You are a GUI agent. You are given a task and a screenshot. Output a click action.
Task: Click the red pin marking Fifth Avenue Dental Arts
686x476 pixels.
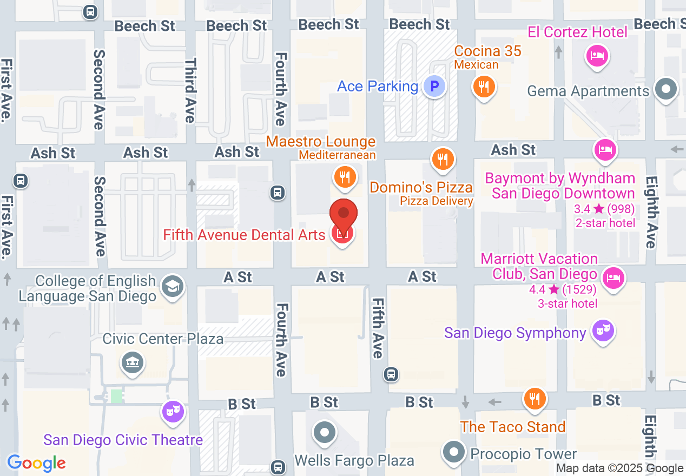(x=344, y=216)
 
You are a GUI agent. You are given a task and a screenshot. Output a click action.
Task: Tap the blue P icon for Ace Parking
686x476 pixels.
(x=434, y=86)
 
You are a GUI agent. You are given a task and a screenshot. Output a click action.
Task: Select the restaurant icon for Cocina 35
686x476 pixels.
(x=484, y=86)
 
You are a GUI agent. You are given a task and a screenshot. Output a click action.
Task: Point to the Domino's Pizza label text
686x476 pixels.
(x=421, y=188)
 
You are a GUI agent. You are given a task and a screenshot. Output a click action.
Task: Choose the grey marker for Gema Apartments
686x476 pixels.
(x=666, y=88)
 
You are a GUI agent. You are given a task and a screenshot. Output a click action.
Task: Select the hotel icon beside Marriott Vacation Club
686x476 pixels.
(x=613, y=278)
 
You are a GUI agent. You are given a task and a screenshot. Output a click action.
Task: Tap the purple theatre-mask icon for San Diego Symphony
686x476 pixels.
(x=602, y=329)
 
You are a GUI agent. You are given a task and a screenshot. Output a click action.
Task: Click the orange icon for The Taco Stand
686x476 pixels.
(x=535, y=399)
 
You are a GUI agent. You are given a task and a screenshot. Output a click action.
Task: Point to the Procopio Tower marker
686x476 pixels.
(x=453, y=452)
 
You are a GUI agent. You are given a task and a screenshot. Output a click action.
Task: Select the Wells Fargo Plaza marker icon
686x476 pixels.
(x=325, y=432)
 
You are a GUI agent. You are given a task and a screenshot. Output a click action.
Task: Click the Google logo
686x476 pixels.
(x=36, y=463)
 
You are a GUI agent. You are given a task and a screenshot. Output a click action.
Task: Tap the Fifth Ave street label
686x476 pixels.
(x=377, y=328)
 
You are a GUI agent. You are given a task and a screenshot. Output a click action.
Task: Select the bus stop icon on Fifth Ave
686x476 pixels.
(x=391, y=374)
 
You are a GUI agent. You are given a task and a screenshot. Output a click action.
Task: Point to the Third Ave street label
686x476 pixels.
(x=190, y=91)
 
